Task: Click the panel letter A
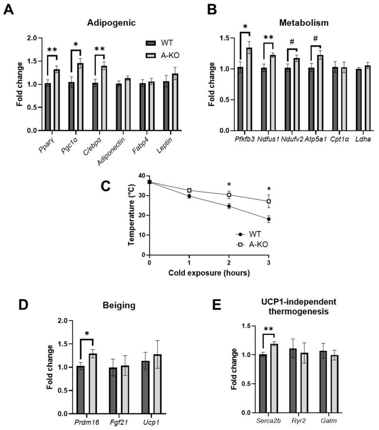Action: click(x=9, y=10)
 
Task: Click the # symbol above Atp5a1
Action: click(x=315, y=41)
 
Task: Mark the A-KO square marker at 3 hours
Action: click(x=269, y=201)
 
